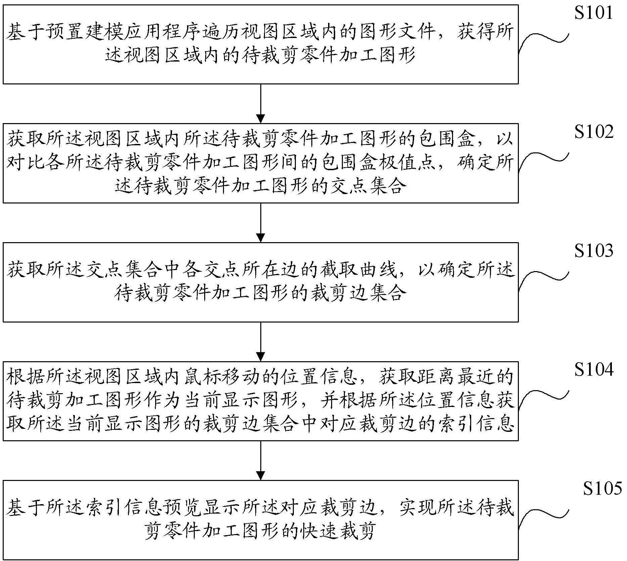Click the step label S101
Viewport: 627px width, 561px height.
[x=594, y=13]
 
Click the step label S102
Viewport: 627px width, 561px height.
[x=594, y=132]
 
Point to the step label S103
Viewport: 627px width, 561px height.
[x=594, y=251]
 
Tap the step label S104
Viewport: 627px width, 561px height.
[x=594, y=370]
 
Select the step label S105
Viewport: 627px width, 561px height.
[x=602, y=488]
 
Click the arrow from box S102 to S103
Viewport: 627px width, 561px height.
[x=261, y=223]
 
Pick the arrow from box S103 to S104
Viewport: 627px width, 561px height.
[x=261, y=342]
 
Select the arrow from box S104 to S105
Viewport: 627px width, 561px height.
[x=261, y=460]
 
